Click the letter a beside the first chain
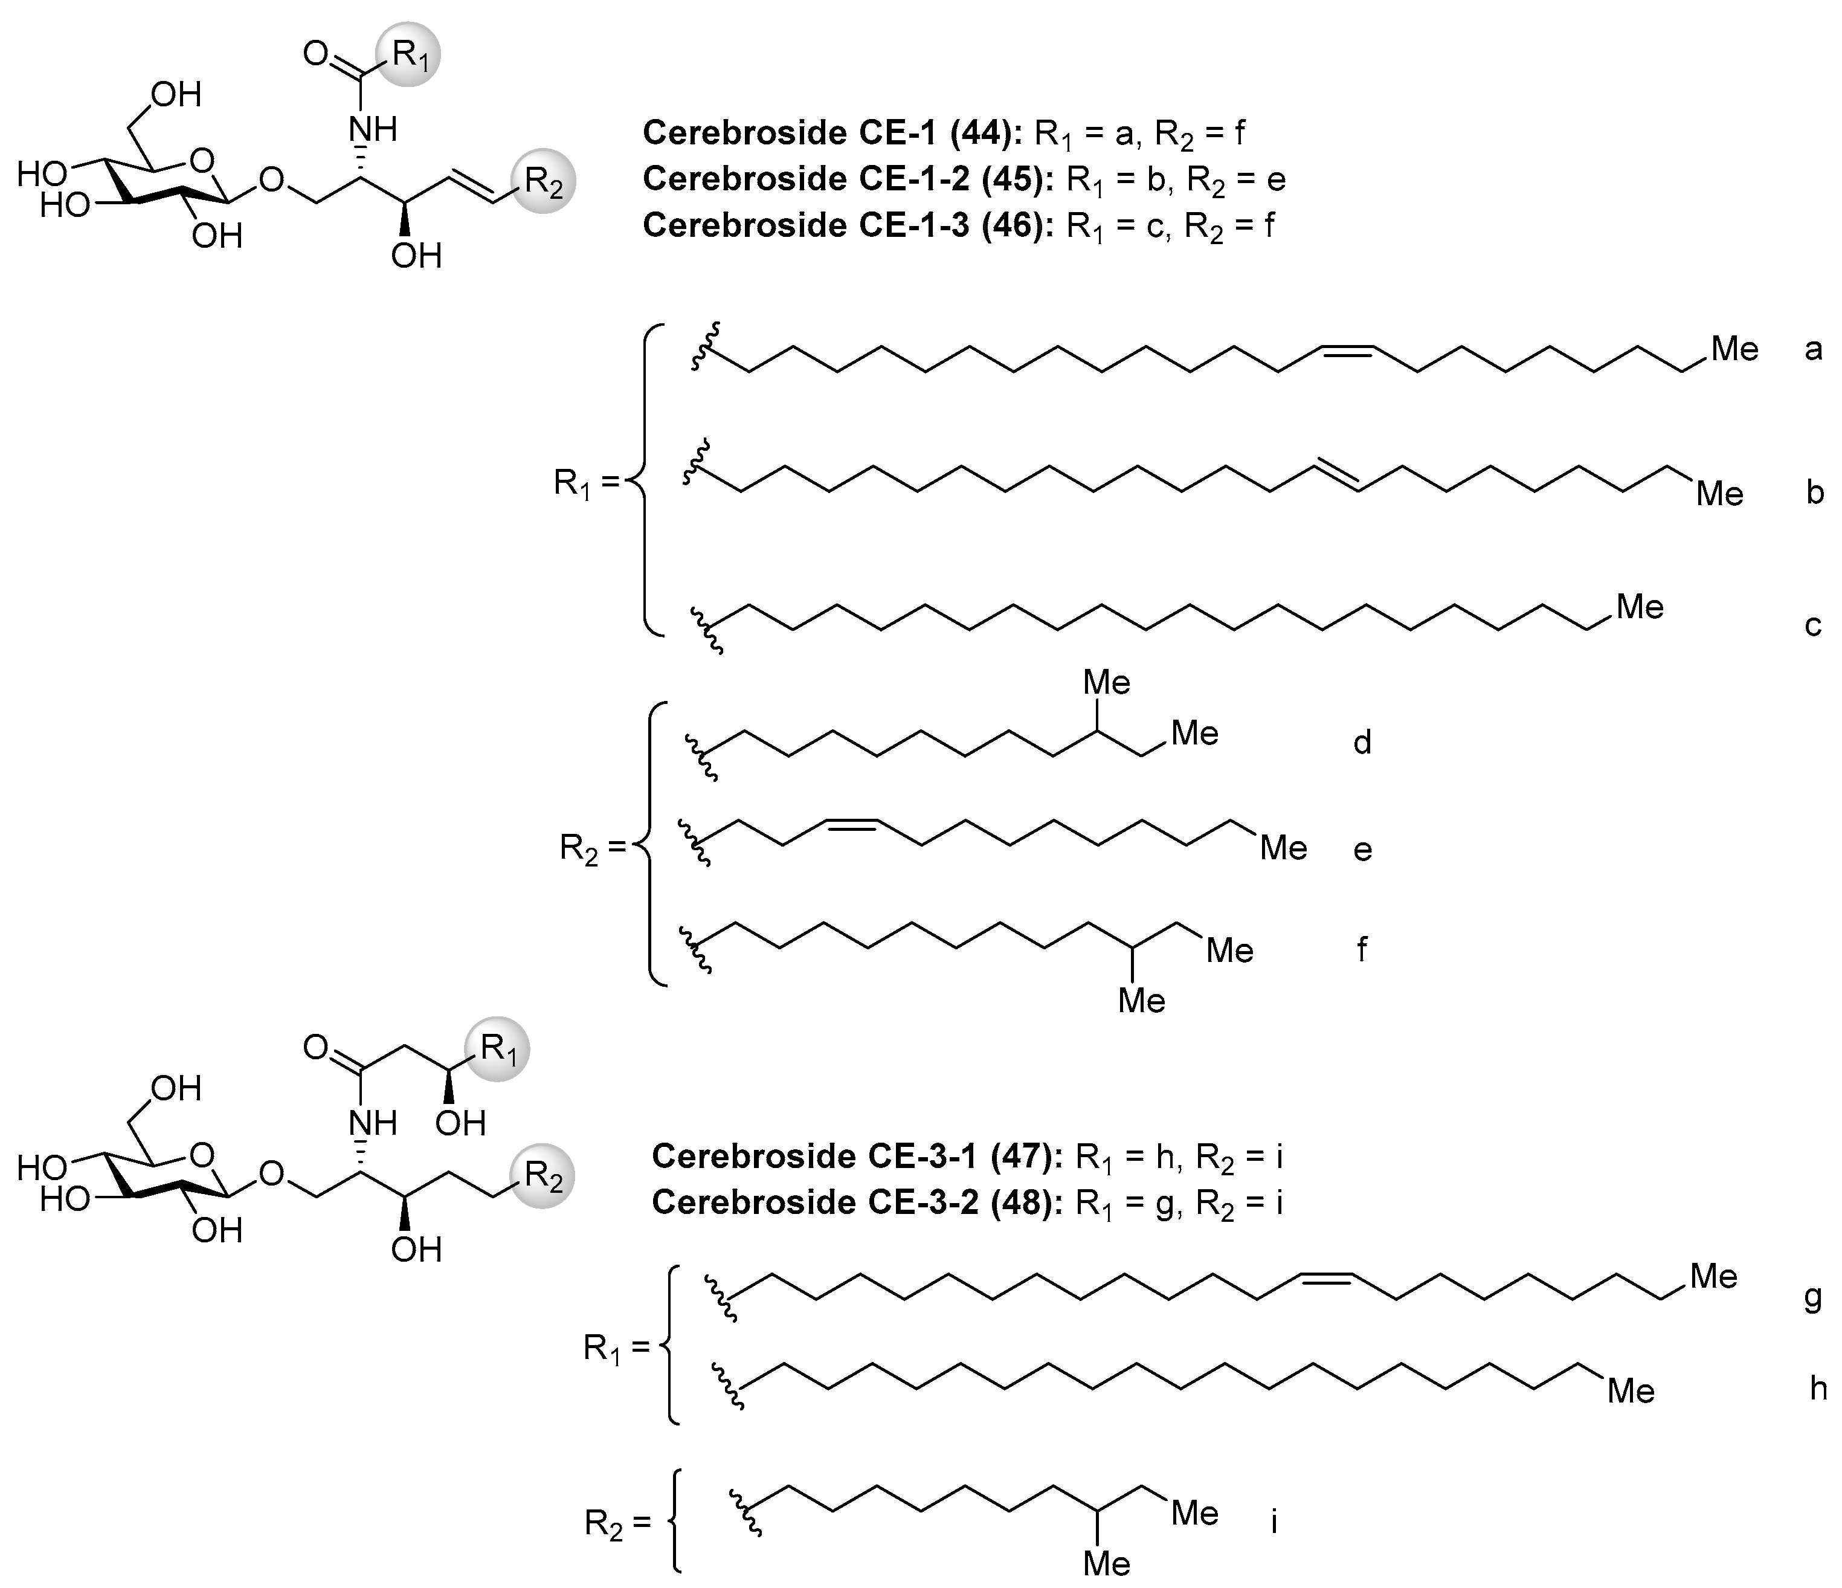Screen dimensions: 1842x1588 1814,349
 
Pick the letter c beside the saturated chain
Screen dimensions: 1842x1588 1814,625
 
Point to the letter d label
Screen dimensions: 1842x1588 1362,741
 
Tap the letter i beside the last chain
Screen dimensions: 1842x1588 1274,1522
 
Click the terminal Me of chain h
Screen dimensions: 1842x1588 1631,1390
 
